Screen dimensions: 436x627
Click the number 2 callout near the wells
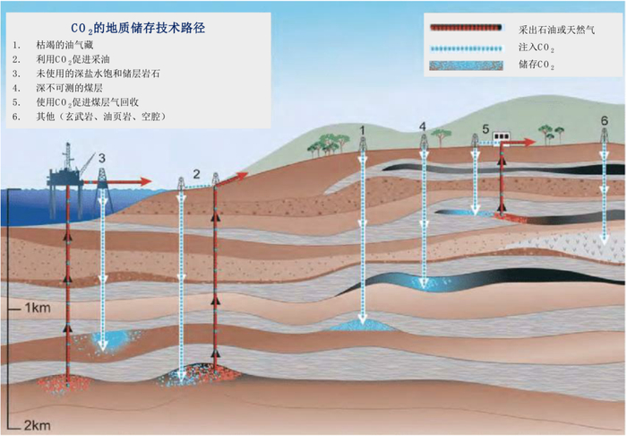coord(196,172)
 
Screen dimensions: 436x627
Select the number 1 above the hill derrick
coord(362,131)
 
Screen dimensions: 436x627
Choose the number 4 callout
coord(423,126)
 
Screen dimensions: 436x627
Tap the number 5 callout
coord(485,129)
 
